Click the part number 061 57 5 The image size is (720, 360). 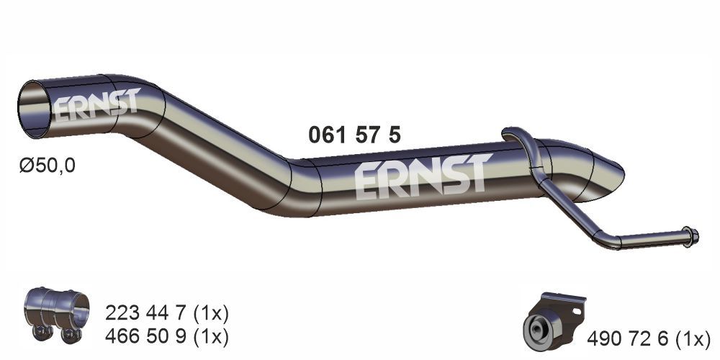pyautogui.click(x=354, y=135)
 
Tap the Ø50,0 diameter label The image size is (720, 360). pyautogui.click(x=48, y=166)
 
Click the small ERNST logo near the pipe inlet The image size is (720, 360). pyautogui.click(x=97, y=105)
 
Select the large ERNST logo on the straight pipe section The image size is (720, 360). pyautogui.click(x=423, y=176)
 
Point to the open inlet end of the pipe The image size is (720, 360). pyautogui.click(x=35, y=109)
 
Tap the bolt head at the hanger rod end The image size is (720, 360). pyautogui.click(x=690, y=237)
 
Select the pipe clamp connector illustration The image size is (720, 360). pyautogui.click(x=56, y=315)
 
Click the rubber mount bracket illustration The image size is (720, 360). pyautogui.click(x=554, y=321)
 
